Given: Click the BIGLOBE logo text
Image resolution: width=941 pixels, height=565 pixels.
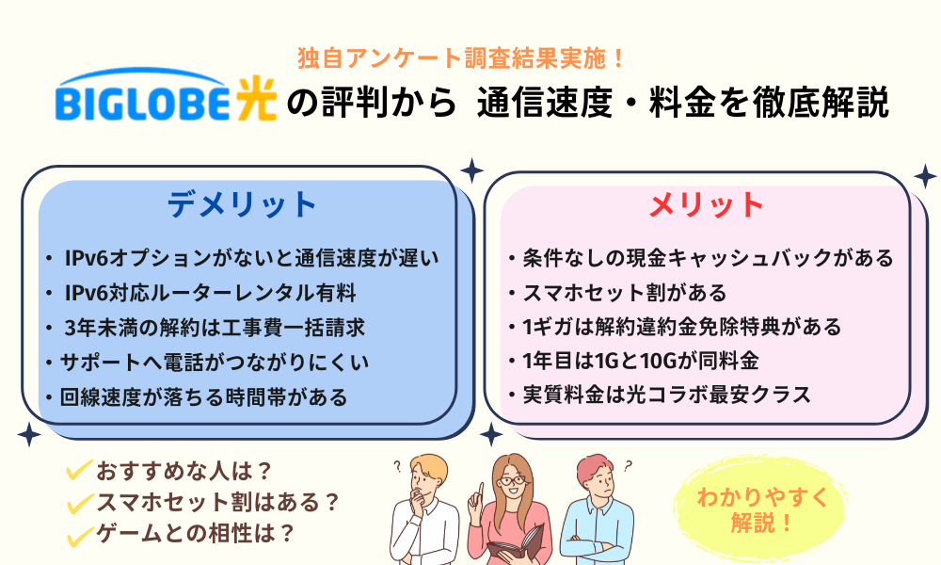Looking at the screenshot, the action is click(142, 104).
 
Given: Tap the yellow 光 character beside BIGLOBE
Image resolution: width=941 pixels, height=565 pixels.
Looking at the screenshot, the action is click(254, 99).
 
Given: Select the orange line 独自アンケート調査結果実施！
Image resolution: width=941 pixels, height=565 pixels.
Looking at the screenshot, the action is click(461, 57).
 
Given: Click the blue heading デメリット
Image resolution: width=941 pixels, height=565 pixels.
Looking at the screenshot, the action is click(242, 204).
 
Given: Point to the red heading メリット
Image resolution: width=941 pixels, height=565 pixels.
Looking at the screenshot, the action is click(707, 204).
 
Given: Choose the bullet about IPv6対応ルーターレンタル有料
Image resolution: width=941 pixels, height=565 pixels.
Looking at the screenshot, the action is click(210, 293).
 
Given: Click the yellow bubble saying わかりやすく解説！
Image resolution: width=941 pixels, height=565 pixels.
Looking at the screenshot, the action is click(761, 510).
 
